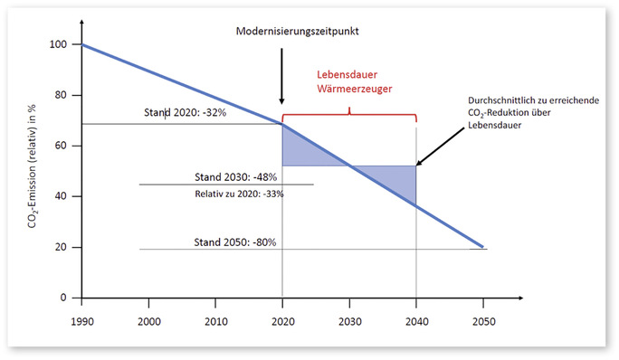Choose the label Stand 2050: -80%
coord(235,242)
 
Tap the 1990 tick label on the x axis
coord(81,321)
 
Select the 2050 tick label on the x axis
coord(482,321)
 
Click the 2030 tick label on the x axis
coord(349,321)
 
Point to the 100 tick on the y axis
coord(60,44)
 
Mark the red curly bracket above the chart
coord(349,115)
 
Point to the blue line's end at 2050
coord(482,247)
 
